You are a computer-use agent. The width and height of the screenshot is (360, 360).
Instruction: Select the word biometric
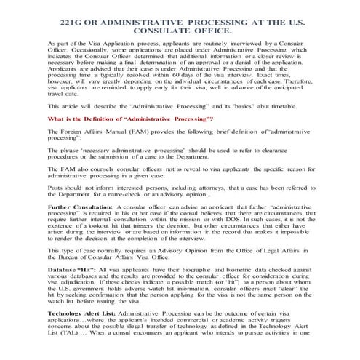coord(190,269)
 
